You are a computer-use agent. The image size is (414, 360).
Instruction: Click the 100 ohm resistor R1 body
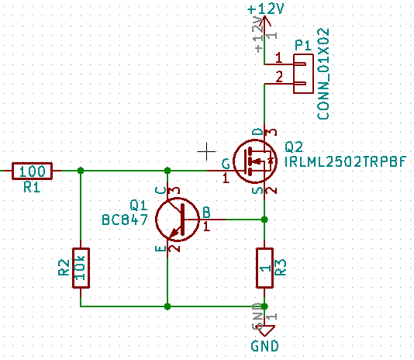tap(32, 171)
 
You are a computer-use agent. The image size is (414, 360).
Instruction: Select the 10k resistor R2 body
tap(81, 268)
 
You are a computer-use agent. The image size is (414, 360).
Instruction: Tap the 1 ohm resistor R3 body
tap(264, 268)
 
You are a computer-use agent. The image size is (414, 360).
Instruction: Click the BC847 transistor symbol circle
tap(157, 220)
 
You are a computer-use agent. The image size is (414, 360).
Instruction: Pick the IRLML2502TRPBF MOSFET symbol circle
tap(233, 161)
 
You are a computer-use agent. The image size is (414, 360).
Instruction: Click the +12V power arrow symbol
tap(264, 21)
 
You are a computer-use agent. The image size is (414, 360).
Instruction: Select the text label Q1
tap(138, 205)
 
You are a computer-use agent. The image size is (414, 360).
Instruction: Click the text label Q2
tap(294, 147)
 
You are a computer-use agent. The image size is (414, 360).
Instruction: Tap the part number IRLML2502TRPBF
tap(346, 161)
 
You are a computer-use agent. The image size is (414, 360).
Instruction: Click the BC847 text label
tap(125, 220)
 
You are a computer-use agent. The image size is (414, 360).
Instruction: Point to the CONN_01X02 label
tap(323, 74)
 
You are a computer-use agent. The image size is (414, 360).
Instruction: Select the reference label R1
tap(32, 187)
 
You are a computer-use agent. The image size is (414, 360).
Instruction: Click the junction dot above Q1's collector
tap(167, 171)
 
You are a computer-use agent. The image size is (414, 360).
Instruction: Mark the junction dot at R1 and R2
tap(81, 171)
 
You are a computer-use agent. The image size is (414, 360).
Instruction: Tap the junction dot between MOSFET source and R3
tap(264, 220)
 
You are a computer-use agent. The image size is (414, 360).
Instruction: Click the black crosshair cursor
tap(206, 151)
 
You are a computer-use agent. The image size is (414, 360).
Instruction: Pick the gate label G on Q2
tap(226, 164)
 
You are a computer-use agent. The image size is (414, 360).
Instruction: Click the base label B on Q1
tap(206, 213)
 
